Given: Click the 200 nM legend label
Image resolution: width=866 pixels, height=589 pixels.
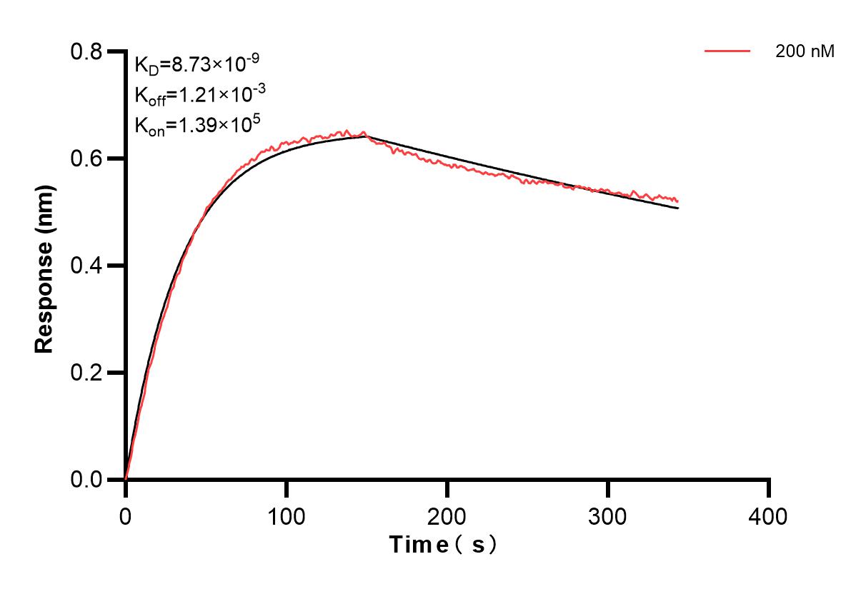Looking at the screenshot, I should click(805, 51).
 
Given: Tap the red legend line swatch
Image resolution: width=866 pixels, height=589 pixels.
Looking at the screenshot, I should click(727, 51).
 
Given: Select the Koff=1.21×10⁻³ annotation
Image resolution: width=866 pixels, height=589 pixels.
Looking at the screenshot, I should click(196, 95).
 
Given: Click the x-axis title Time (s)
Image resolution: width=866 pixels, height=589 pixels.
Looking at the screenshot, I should click(443, 545).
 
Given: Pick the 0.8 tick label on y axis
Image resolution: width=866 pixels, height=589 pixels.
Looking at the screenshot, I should click(86, 51).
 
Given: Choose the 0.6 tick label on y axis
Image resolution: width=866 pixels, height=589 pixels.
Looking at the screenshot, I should click(86, 158).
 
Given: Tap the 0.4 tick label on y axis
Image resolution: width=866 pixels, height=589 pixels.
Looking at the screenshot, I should click(86, 266).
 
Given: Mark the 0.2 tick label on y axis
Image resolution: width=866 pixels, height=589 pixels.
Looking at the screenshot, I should click(86, 373).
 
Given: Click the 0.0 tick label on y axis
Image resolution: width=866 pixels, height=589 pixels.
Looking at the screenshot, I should click(86, 480).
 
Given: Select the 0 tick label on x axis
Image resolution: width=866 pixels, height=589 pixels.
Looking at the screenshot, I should click(126, 515).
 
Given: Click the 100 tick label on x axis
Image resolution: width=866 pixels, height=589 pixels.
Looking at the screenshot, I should click(287, 515).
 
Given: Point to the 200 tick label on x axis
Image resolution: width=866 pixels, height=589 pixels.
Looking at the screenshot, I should click(447, 515).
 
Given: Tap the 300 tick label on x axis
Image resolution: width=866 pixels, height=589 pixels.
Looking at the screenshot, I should click(608, 515).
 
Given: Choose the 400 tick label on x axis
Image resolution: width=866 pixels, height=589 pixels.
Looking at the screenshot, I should click(769, 515).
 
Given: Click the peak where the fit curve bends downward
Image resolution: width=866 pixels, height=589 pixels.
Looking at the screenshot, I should click(367, 136).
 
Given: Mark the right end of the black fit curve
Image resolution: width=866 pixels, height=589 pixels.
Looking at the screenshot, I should click(678, 208).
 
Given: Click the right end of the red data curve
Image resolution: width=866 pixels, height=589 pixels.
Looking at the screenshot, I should click(677, 201).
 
